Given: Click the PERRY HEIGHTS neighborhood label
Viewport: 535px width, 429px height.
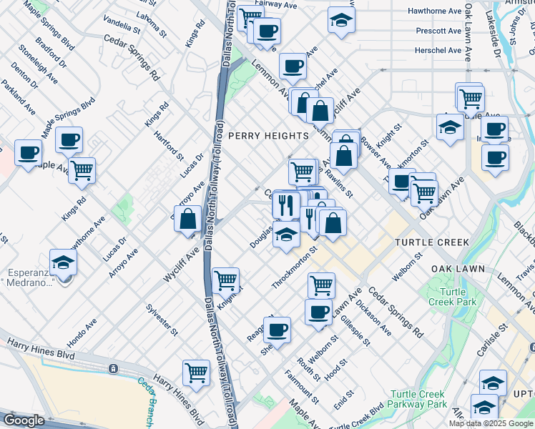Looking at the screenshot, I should pos(268,135).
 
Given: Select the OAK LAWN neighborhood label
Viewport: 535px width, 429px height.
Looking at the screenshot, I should pos(458,269).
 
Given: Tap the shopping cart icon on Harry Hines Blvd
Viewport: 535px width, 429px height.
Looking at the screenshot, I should pos(196,372).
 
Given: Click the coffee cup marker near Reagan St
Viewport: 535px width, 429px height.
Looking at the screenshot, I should pos(277,330).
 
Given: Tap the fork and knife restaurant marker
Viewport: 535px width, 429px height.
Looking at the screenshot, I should pos(285,205).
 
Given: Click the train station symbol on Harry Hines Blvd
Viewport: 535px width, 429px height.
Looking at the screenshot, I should pos(112,368).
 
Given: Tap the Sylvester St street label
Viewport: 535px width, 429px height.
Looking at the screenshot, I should pos(162,319).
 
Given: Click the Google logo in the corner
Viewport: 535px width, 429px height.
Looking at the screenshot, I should pos(24,420).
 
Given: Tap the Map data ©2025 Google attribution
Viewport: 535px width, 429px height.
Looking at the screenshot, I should pos(491,423).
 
